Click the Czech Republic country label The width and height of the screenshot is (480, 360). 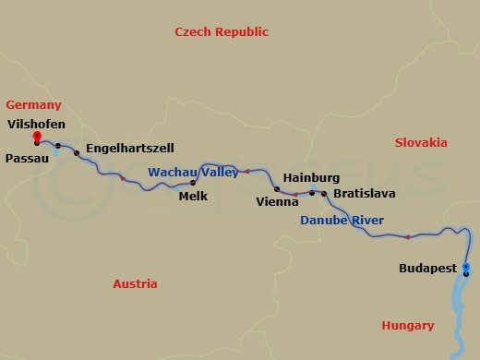[222, 32]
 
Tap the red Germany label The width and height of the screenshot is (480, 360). [33, 105]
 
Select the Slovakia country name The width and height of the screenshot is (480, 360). [421, 143]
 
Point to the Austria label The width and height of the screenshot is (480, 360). [135, 284]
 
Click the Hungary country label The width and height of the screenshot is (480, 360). [407, 326]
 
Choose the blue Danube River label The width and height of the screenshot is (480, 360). [342, 221]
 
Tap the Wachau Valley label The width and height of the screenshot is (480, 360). [193, 172]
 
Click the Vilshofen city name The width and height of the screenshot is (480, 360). [38, 123]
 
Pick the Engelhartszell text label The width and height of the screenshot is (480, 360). [129, 148]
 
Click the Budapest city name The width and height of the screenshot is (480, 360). [428, 268]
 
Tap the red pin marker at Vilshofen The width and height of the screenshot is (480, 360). [36, 137]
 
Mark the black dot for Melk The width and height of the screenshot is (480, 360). [193, 183]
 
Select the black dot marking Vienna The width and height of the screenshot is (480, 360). [277, 189]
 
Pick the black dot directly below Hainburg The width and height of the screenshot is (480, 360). [312, 193]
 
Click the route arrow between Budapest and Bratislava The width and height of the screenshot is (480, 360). [407, 237]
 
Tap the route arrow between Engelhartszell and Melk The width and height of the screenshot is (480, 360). [122, 177]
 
